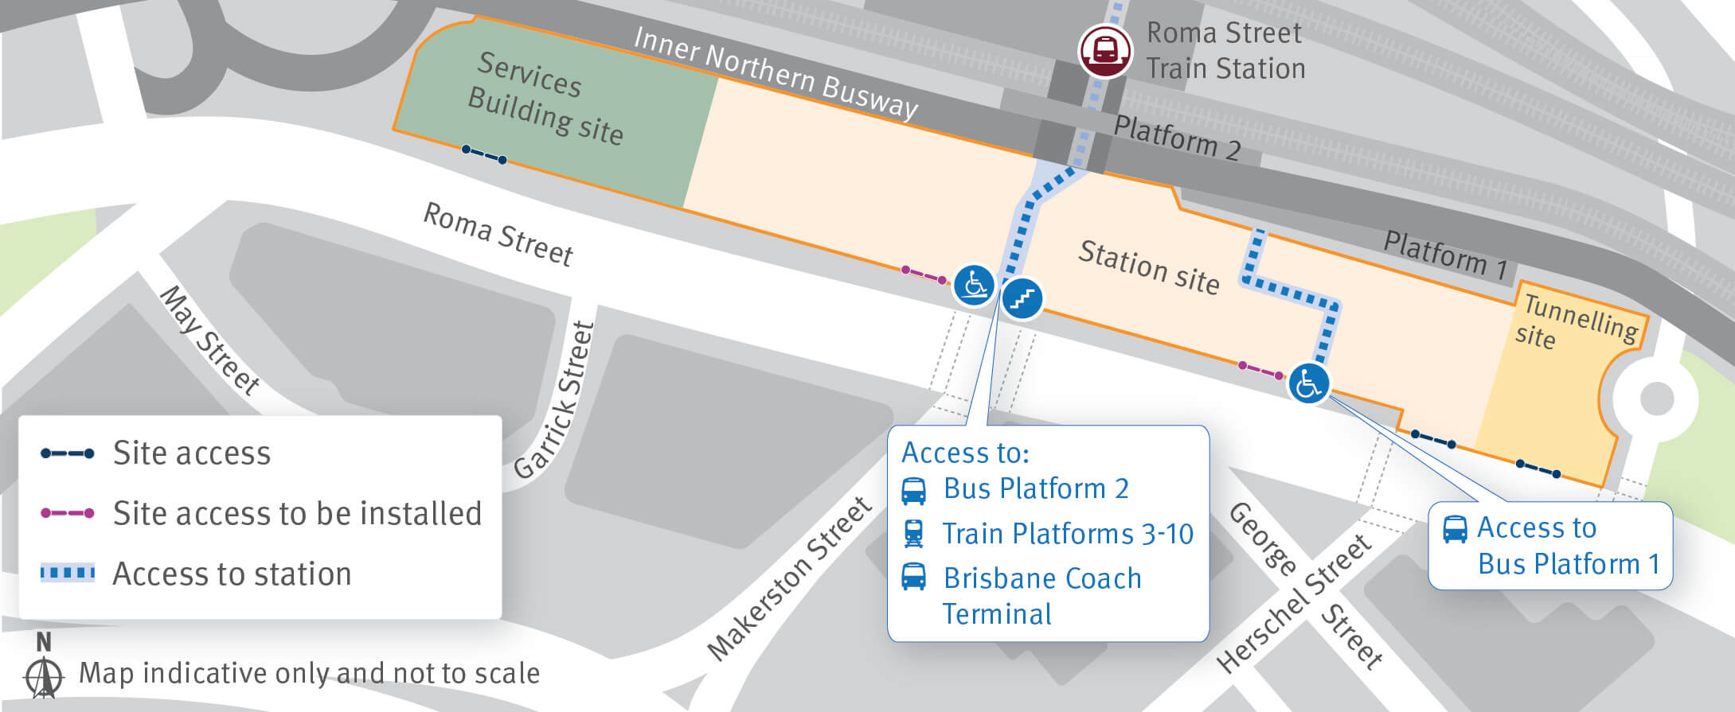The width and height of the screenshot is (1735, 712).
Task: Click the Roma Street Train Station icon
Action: pyautogui.click(x=1104, y=51)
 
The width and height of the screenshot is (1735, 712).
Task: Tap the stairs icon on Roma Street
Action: pyautogui.click(x=1022, y=299)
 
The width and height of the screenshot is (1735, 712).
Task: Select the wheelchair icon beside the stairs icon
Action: pyautogui.click(x=974, y=285)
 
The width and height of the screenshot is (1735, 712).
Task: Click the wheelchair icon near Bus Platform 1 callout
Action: pyautogui.click(x=1308, y=384)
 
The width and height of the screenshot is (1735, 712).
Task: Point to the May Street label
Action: pyautogui.click(x=209, y=340)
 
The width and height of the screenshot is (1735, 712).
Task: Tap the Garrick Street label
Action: pyautogui.click(x=555, y=400)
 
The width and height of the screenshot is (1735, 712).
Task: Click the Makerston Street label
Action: pyautogui.click(x=789, y=578)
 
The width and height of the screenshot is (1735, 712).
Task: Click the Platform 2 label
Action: pyautogui.click(x=1177, y=138)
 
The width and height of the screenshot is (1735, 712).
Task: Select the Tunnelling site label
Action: pyautogui.click(x=1576, y=321)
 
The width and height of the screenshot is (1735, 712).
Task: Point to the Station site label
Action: pyautogui.click(x=1148, y=267)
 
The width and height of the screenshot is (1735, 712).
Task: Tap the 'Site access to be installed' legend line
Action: pyautogui.click(x=68, y=513)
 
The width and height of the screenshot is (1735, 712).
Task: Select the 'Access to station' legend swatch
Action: pyautogui.click(x=68, y=573)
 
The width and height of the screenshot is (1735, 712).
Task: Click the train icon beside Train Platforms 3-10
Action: pyautogui.click(x=913, y=533)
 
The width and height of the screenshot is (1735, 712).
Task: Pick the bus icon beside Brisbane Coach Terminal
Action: pyautogui.click(x=913, y=577)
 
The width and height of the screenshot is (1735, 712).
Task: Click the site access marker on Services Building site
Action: pyautogui.click(x=484, y=155)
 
